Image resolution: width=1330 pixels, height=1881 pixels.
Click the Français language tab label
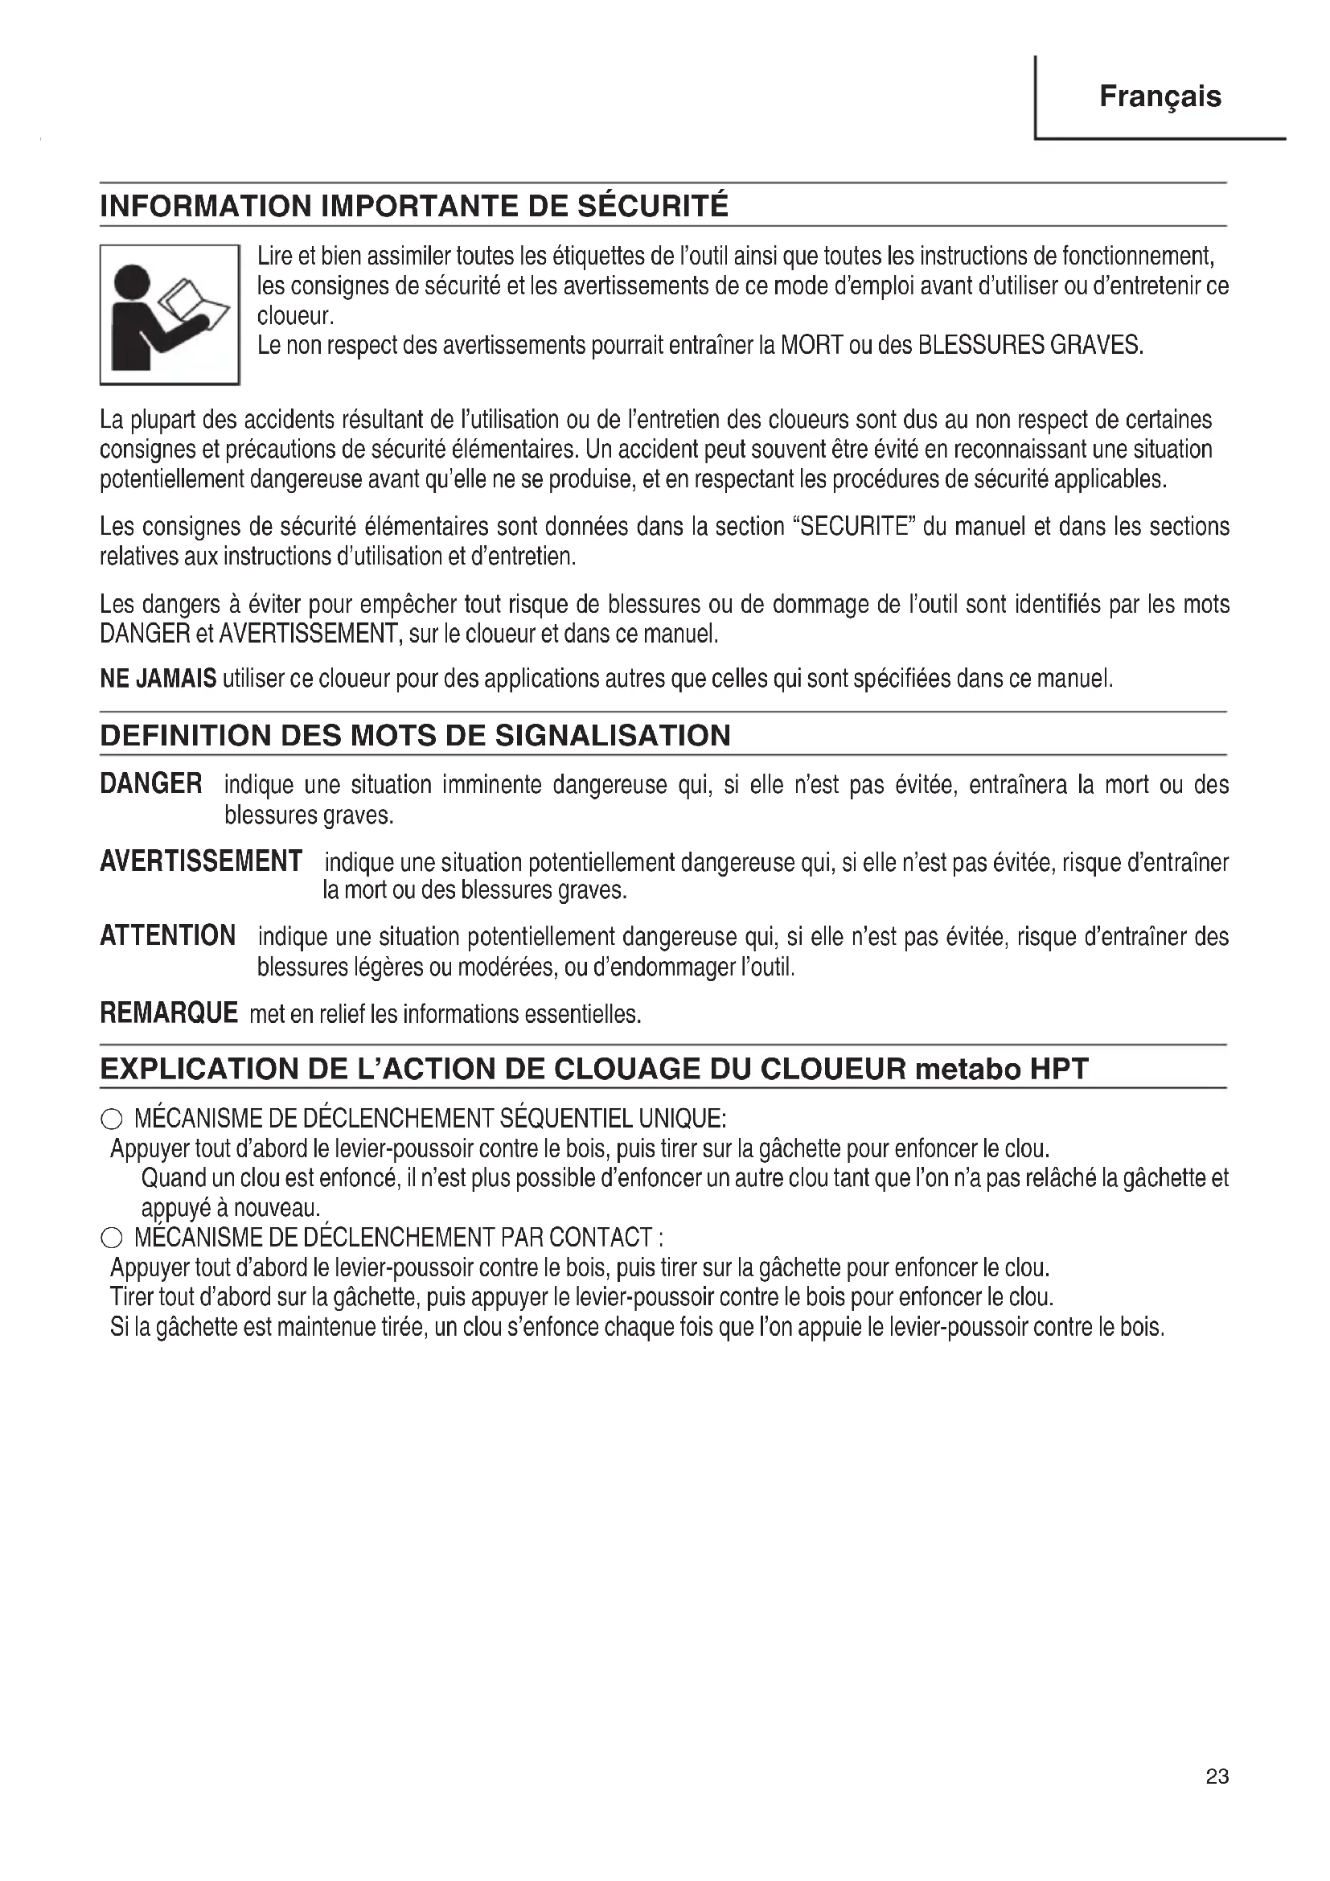(x=1160, y=97)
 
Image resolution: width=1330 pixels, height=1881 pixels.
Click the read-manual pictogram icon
(x=170, y=315)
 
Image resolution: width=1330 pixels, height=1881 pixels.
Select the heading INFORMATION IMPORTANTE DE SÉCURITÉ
(x=413, y=206)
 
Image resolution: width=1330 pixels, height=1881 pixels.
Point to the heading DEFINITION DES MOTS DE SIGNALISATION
(x=415, y=735)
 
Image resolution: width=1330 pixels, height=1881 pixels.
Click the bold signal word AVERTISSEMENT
(x=201, y=861)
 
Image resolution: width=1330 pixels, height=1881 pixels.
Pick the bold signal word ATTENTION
(x=168, y=934)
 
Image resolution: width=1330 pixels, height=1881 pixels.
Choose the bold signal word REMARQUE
(x=169, y=1012)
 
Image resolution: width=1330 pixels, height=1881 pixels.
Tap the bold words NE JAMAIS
(x=158, y=679)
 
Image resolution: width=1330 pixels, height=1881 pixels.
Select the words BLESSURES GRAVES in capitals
(x=1030, y=345)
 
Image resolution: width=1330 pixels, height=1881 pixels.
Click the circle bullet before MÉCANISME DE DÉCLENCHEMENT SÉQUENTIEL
(x=112, y=1120)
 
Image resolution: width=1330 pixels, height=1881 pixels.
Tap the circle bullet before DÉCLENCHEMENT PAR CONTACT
(x=112, y=1238)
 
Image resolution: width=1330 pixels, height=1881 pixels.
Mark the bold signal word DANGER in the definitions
(x=150, y=784)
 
